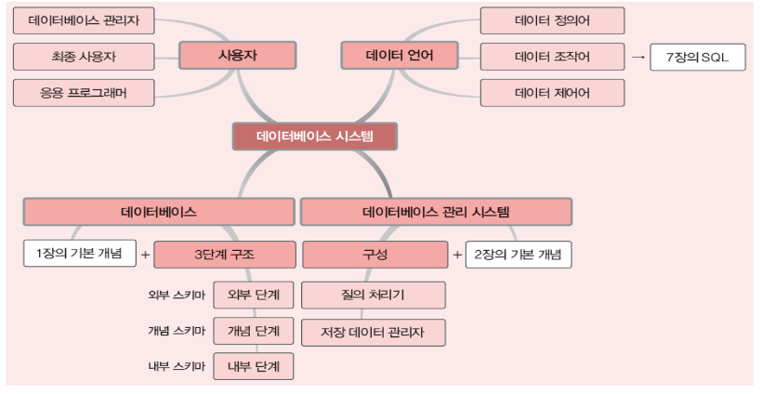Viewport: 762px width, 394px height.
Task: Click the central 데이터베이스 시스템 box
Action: point(315,137)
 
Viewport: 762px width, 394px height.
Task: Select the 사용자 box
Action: point(237,56)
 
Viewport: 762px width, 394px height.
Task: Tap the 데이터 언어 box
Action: point(401,56)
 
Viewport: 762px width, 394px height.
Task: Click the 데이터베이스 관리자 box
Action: point(84,20)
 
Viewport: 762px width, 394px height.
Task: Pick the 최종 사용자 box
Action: point(84,56)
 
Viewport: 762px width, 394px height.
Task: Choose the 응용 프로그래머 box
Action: point(84,93)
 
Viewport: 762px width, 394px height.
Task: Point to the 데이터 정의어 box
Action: point(552,20)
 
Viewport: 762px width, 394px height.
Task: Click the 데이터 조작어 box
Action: point(552,56)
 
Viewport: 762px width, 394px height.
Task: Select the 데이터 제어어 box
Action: point(552,93)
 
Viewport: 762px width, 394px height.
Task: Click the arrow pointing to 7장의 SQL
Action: point(637,57)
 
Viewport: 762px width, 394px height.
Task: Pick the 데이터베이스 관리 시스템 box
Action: point(436,212)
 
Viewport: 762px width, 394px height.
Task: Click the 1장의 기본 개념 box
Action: point(79,254)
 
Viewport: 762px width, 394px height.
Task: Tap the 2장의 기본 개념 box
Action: point(519,254)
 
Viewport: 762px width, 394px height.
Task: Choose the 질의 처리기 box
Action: point(374,295)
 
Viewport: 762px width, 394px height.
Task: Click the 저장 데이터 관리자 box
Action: point(374,332)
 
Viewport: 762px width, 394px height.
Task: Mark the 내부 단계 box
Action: point(254,366)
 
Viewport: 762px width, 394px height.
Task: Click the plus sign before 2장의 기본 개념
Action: point(456,254)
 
